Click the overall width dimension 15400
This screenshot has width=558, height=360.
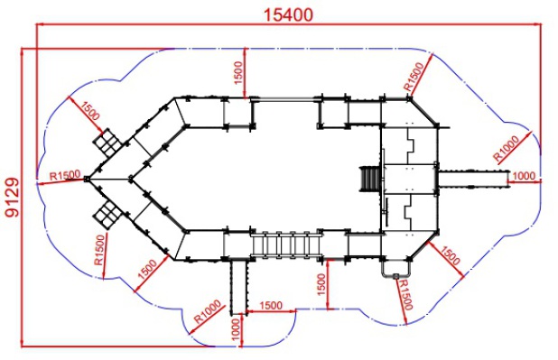click(289, 14)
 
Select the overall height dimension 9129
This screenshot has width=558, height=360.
click(14, 198)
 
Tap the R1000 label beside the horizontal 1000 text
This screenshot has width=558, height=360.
click(507, 148)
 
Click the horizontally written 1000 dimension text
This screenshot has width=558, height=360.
click(524, 176)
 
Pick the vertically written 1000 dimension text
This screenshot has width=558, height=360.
click(236, 329)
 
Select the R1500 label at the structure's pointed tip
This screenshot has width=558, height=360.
click(65, 175)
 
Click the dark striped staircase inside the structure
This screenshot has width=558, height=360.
click(371, 179)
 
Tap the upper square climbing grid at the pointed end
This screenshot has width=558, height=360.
click(107, 143)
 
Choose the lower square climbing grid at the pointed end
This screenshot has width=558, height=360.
click(107, 215)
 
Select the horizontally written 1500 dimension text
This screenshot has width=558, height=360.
click(271, 306)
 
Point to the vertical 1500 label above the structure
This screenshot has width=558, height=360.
click(238, 73)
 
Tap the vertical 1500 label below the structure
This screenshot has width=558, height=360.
click(321, 284)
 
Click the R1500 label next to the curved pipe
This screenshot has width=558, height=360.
click(405, 295)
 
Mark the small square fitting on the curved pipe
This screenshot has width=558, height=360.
click(395, 276)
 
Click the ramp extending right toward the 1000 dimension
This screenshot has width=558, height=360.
click(473, 179)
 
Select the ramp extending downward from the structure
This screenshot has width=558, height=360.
click(238, 287)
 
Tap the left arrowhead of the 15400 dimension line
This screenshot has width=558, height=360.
click(41, 24)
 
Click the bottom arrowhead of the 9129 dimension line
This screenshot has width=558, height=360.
click(22, 342)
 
